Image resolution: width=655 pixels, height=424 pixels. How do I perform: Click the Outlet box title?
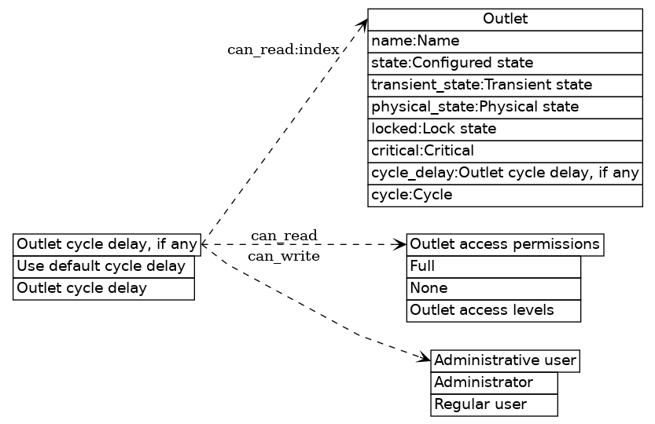(505, 19)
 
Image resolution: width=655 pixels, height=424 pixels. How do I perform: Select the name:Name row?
(505, 41)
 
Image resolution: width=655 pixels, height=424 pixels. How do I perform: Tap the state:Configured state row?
(505, 63)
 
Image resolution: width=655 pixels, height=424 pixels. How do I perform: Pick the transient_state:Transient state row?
(505, 85)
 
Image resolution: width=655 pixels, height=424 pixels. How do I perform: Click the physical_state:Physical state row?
(505, 107)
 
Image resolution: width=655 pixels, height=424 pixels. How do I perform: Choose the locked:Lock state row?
(505, 129)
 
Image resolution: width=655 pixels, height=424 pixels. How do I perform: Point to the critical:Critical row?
(505, 151)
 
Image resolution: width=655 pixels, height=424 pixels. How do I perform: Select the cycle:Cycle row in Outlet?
(505, 196)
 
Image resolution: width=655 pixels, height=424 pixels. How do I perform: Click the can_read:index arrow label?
(283, 50)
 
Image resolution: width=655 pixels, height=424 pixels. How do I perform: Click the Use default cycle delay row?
(103, 266)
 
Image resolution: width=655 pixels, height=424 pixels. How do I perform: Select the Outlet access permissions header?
(505, 244)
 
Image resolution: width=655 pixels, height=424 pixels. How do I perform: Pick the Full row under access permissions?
(493, 266)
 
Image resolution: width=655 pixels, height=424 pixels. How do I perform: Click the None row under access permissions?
(493, 288)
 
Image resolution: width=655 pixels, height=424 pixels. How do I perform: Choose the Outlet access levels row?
(493, 310)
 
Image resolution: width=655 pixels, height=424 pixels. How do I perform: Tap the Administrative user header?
(505, 360)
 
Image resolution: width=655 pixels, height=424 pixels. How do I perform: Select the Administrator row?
(494, 382)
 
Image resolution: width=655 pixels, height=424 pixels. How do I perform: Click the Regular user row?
(494, 404)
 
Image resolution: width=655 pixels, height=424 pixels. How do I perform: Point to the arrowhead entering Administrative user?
(425, 360)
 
